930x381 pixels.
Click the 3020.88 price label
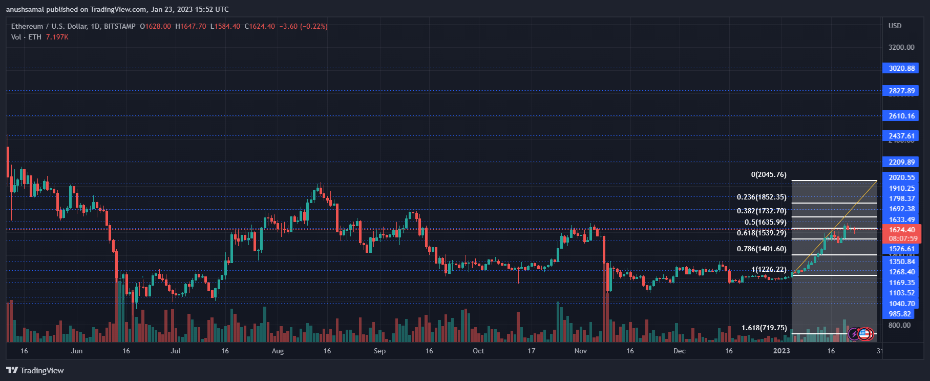[x=901, y=68]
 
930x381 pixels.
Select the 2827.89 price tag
[x=901, y=91]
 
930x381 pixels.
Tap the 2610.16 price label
[x=901, y=116]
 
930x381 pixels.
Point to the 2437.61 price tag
[x=901, y=136]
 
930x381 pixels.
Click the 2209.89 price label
[x=901, y=162]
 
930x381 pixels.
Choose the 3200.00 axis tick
[x=901, y=47]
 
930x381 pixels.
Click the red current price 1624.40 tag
[x=901, y=234]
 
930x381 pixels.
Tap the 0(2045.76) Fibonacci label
[x=768, y=175]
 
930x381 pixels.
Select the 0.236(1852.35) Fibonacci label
[x=761, y=197]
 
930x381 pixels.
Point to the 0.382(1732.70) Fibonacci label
[x=761, y=211]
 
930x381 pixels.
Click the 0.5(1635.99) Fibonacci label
[x=765, y=223]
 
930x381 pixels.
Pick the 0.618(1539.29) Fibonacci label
[x=761, y=233]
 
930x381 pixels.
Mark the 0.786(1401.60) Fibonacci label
[x=761, y=249]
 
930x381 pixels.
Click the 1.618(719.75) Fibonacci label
[x=764, y=328]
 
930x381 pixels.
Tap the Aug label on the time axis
[x=278, y=351]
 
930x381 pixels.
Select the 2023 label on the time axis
[x=781, y=351]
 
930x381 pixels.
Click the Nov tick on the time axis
[x=580, y=351]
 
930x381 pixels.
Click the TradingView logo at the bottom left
[x=35, y=370]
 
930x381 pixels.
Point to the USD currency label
[x=895, y=26]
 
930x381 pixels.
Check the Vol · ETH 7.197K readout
[x=39, y=37]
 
